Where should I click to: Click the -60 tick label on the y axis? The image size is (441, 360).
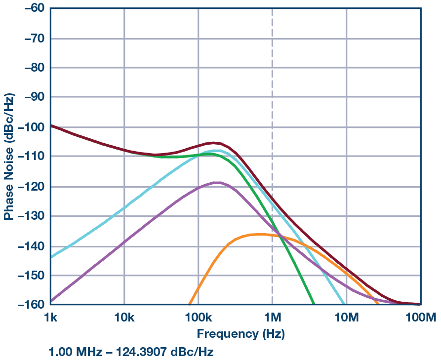coord(31,8)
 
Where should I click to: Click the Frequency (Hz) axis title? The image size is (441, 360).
coord(241,334)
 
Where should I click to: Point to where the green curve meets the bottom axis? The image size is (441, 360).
coord(313,304)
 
